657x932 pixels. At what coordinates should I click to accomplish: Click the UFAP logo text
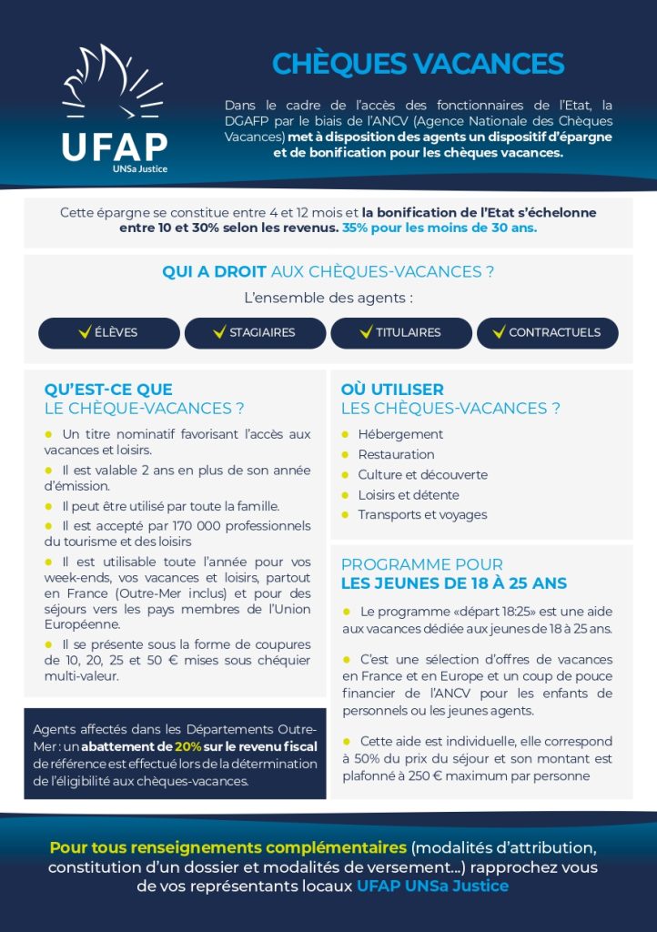pos(114,147)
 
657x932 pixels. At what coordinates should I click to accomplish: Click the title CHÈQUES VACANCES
pos(418,64)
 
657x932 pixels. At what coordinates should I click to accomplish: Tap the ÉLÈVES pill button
pos(109,333)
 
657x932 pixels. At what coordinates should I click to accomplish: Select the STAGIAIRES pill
pos(255,333)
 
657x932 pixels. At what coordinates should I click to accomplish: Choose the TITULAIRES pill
pos(401,333)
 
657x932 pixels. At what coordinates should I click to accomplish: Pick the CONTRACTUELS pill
pos(547,333)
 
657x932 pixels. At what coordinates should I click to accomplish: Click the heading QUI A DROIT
pos(215,272)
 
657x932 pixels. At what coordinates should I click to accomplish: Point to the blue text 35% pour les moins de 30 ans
pos(440,228)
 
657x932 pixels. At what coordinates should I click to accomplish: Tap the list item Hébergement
pos(400,435)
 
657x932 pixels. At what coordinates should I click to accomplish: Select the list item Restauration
pos(396,455)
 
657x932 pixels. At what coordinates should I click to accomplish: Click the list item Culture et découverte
pos(422,475)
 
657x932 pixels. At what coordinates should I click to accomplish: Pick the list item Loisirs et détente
pos(408,495)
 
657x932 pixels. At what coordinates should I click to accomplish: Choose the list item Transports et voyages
pos(422,515)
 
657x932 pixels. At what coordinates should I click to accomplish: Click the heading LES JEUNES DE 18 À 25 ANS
pos(453,583)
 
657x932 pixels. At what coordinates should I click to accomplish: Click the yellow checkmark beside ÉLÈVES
pos(85,332)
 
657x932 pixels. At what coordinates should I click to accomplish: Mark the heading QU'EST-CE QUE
pos(108,390)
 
